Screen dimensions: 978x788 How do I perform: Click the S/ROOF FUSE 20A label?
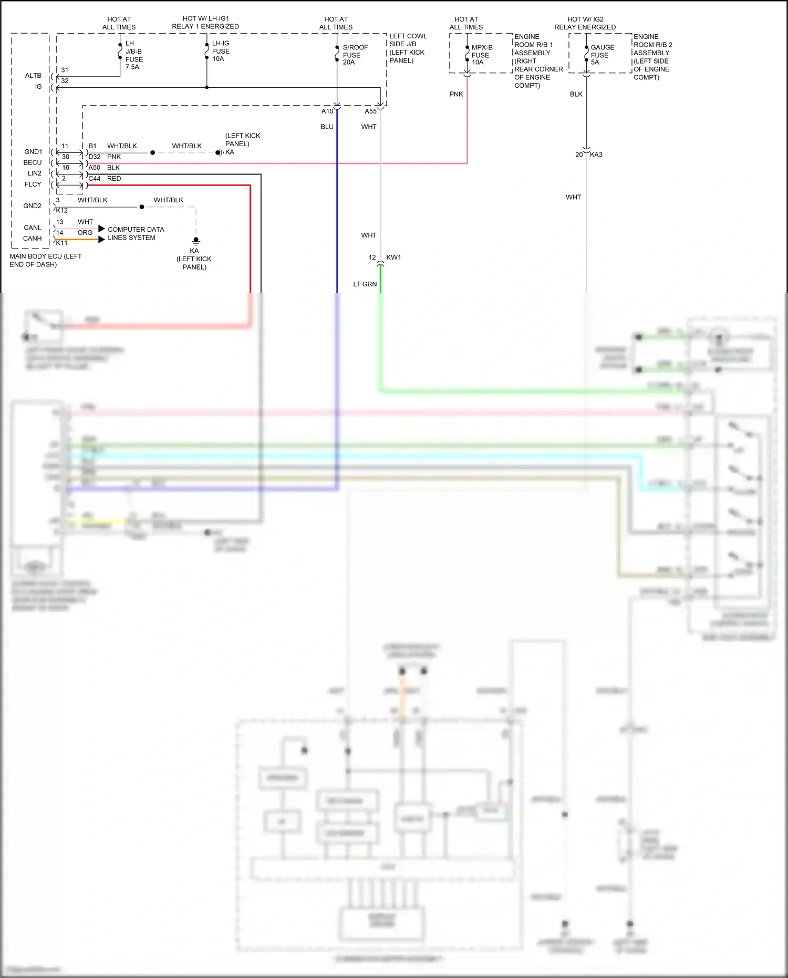click(355, 55)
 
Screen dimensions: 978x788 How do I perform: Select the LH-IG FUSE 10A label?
click(221, 51)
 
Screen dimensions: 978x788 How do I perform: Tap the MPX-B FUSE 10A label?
click(481, 55)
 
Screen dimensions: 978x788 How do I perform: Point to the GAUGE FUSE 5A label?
click(602, 55)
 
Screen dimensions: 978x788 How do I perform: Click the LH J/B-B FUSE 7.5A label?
click(133, 55)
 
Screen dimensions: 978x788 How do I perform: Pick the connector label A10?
click(327, 111)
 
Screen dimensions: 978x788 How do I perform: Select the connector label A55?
click(370, 111)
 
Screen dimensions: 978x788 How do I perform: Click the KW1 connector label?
click(393, 258)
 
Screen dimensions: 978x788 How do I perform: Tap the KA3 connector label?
click(596, 155)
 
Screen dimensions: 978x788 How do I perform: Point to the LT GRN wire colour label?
click(365, 284)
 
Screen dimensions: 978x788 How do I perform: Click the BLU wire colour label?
click(327, 127)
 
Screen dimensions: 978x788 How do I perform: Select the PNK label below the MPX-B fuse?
click(456, 94)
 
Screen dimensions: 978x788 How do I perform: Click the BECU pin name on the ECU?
click(33, 162)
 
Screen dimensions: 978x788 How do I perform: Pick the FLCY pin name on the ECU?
click(33, 184)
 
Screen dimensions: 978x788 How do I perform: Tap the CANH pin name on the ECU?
click(33, 239)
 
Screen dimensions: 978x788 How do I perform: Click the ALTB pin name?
click(33, 76)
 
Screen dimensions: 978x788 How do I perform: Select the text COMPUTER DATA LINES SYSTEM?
click(136, 233)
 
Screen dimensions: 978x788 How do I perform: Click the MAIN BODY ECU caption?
click(45, 260)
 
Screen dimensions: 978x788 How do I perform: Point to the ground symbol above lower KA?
click(196, 241)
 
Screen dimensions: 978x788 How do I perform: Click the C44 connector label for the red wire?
click(95, 179)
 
